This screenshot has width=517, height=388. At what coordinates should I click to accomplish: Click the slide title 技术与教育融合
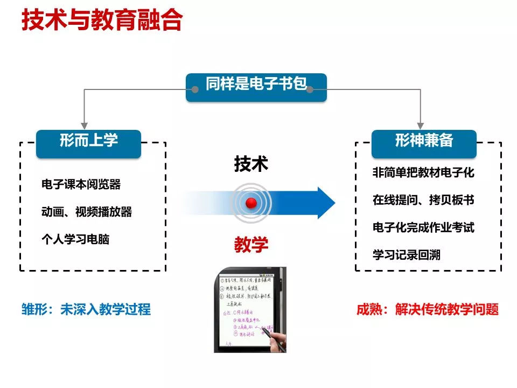(102, 21)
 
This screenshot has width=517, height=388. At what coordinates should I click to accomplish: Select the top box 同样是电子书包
(256, 86)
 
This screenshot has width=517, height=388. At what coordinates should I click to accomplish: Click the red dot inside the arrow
(251, 203)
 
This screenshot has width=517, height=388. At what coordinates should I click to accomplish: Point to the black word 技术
(251, 164)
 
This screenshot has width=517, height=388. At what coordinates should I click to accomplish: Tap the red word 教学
(251, 245)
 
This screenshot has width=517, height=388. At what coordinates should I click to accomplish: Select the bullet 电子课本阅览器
(81, 185)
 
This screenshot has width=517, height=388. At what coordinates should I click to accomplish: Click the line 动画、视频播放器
(87, 212)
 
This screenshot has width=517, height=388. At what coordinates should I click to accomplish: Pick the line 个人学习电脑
(75, 239)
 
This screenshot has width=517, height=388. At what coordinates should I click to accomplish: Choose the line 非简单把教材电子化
(423, 173)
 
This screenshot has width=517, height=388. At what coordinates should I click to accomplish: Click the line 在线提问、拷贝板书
(423, 200)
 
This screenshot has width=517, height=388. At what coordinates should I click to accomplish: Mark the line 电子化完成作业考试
(423, 227)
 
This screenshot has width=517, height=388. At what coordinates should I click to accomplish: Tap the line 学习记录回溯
(406, 254)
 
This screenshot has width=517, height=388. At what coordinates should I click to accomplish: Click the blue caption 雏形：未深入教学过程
(86, 309)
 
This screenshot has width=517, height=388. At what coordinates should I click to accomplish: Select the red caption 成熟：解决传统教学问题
(428, 309)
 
